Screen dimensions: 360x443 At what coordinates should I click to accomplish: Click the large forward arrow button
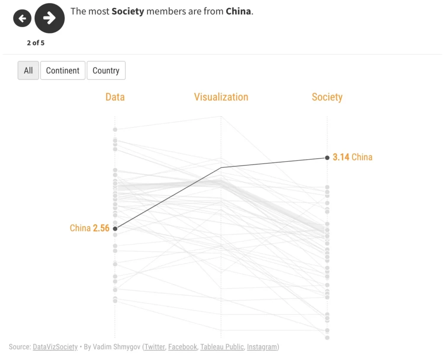click(x=49, y=18)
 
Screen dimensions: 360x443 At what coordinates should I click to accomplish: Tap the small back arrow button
click(x=22, y=19)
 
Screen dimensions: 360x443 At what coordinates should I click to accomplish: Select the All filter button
click(x=28, y=71)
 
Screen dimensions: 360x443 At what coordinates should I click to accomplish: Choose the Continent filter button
click(x=63, y=71)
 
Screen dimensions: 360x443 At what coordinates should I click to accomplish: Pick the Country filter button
click(x=106, y=71)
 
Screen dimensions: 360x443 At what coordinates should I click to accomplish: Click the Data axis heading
click(x=115, y=97)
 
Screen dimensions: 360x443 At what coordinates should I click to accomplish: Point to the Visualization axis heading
click(x=221, y=97)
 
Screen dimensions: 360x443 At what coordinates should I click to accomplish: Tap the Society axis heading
click(x=327, y=97)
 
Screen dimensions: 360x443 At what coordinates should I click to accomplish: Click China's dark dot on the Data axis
click(x=115, y=228)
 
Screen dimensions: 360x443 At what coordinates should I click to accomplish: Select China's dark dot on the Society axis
click(x=327, y=158)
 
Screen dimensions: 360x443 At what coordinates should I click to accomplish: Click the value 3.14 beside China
click(x=341, y=157)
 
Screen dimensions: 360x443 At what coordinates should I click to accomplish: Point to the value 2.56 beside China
click(x=101, y=228)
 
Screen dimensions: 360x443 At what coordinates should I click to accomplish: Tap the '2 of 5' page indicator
click(x=35, y=43)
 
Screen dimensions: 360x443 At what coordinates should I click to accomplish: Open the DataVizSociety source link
click(x=55, y=347)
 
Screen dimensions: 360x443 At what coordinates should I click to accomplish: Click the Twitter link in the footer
click(x=155, y=347)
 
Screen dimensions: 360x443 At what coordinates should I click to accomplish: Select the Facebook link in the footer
click(x=183, y=347)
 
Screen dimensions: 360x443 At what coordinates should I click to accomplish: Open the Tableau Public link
click(x=222, y=347)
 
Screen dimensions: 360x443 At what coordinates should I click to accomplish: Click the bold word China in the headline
click(x=238, y=11)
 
